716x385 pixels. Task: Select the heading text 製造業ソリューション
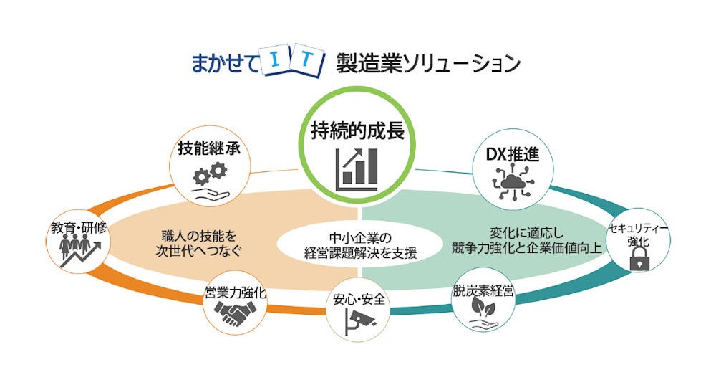coord(428,63)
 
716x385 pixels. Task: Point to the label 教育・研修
coord(77,227)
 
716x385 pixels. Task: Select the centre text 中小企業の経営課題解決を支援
coord(359,245)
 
